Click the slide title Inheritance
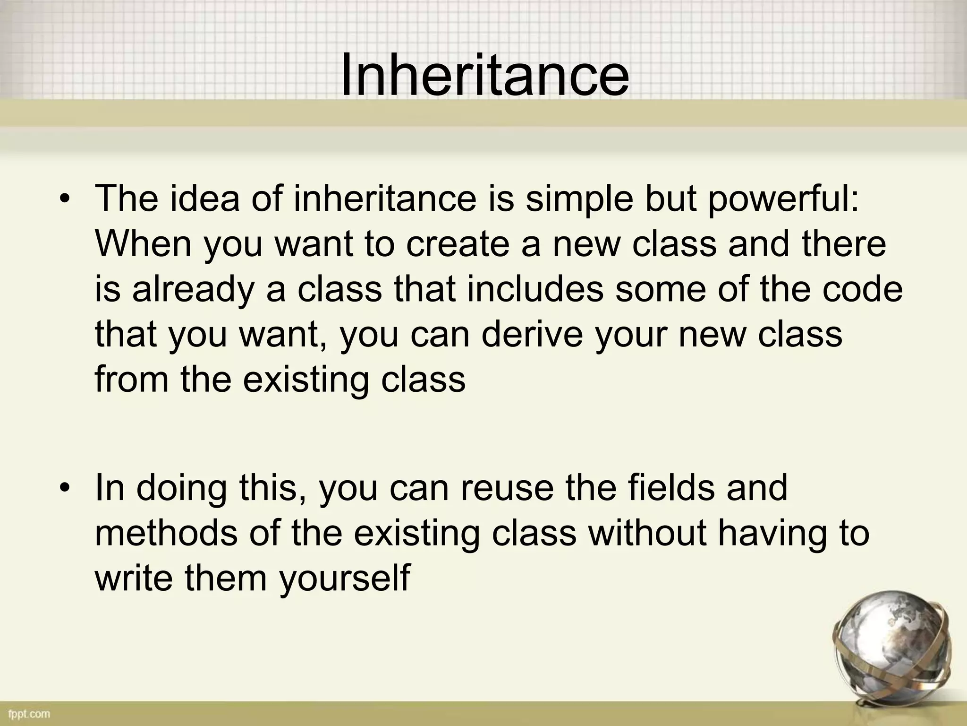coord(484,76)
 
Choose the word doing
coord(181,490)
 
